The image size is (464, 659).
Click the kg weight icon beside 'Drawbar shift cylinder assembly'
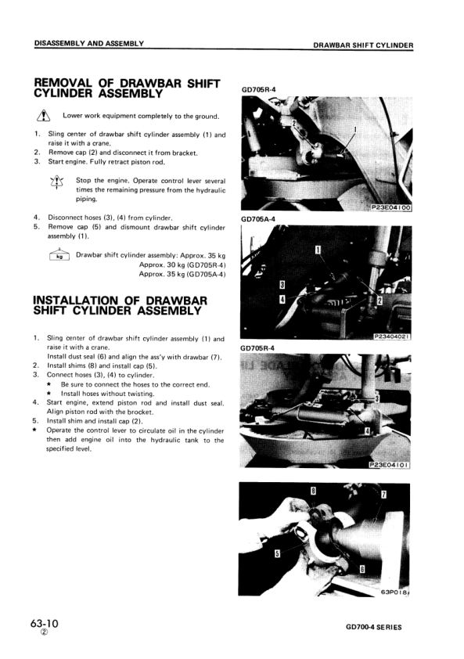(x=59, y=255)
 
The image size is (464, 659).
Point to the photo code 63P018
(x=396, y=592)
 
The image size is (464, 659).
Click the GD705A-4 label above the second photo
(x=257, y=219)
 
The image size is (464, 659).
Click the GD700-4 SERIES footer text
(x=379, y=628)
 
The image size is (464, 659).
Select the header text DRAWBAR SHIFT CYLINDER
(x=363, y=45)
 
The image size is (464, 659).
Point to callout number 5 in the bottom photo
(x=277, y=553)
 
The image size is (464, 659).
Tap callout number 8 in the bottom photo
(x=314, y=491)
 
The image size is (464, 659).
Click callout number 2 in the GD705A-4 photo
(x=379, y=301)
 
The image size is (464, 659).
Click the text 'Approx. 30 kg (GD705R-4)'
(x=182, y=265)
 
